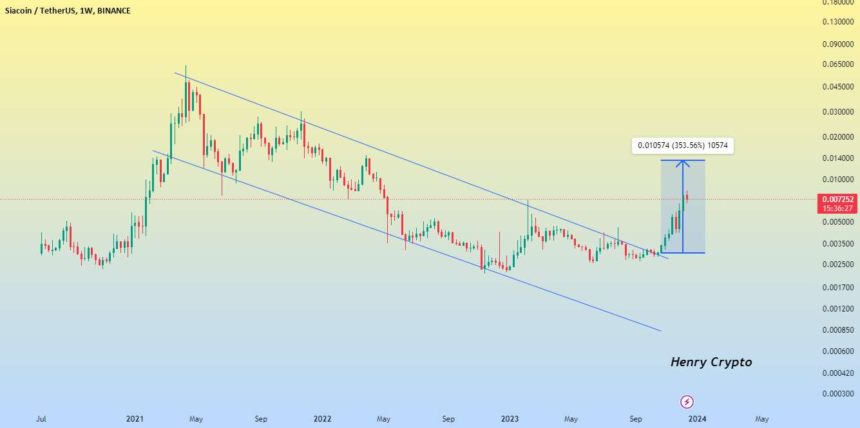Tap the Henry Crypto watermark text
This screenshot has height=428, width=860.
711,362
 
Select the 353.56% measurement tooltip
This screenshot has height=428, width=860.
682,145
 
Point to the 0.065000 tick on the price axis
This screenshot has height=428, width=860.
837,65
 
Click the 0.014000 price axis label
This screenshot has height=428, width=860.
837,158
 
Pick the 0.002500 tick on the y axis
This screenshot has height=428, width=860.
837,265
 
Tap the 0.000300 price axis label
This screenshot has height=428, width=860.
837,394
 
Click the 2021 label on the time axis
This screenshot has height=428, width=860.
135,419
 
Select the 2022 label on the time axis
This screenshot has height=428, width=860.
322,419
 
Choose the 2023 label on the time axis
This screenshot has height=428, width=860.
510,419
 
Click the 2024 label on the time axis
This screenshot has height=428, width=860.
697,419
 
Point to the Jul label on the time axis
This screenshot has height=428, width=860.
41,419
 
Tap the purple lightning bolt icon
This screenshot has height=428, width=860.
687,402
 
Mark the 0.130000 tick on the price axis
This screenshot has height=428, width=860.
837,23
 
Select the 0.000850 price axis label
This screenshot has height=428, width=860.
837,330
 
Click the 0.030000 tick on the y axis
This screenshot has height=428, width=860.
837,112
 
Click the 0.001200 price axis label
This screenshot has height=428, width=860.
837,309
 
